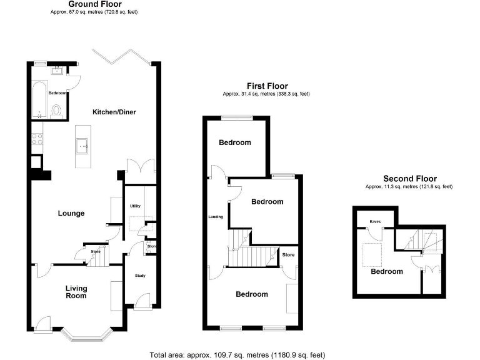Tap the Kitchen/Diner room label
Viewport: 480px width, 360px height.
pyautogui.click(x=114, y=112)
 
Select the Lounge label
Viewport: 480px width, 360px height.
pyautogui.click(x=71, y=213)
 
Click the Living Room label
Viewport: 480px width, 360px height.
pyautogui.click(x=77, y=292)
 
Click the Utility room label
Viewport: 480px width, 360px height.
pyautogui.click(x=135, y=206)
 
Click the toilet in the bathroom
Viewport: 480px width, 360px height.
pyautogui.click(x=57, y=111)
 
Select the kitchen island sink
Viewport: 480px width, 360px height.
pyautogui.click(x=81, y=147)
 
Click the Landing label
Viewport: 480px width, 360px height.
pyautogui.click(x=215, y=217)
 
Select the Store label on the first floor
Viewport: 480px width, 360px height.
pyautogui.click(x=288, y=255)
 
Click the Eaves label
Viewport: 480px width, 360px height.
pyautogui.click(x=375, y=221)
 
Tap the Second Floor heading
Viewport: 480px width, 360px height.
pyautogui.click(x=409, y=178)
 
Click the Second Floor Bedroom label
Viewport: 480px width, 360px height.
pyautogui.click(x=387, y=271)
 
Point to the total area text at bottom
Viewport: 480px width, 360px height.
pyautogui.click(x=237, y=354)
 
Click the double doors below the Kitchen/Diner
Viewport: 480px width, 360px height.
pyautogui.click(x=139, y=167)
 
